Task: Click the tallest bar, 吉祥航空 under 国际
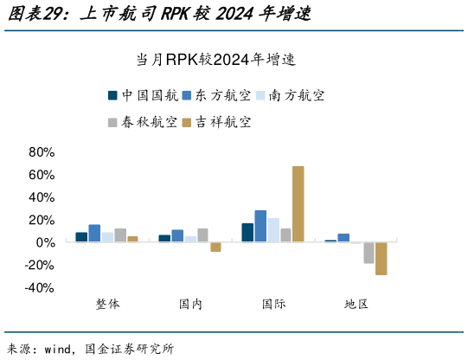pos(298,203)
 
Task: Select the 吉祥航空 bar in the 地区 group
pos(381,259)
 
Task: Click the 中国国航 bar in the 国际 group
pos(247,233)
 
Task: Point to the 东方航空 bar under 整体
pos(94,233)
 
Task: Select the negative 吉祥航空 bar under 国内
pos(215,247)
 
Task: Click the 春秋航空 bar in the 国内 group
pos(202,235)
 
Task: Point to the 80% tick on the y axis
pos(42,152)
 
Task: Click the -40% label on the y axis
pos(39,288)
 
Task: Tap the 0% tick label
pos(45,243)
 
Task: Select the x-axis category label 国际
pos(273,305)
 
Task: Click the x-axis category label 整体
pos(107,305)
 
